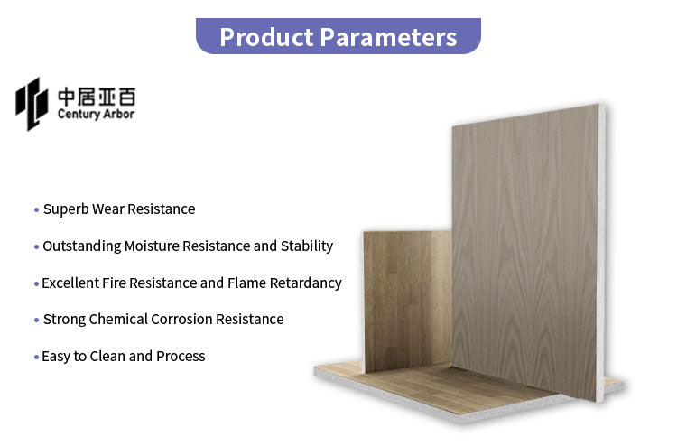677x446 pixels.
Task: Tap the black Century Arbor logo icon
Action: (x=32, y=103)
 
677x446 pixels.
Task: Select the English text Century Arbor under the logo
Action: (x=95, y=115)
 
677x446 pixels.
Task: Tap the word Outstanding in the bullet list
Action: (x=81, y=246)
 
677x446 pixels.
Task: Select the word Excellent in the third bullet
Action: (x=69, y=283)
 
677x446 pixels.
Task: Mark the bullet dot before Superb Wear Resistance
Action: (x=36, y=210)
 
